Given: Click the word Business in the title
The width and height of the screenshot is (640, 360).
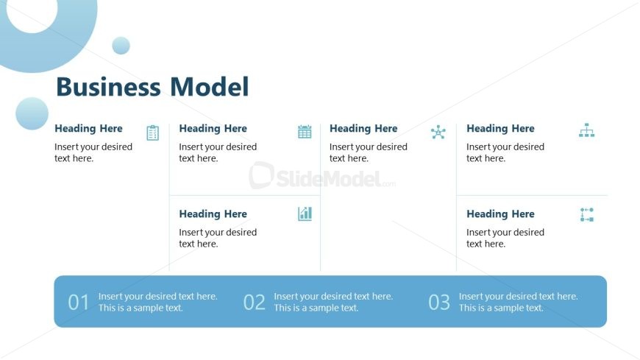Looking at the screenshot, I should click(x=109, y=87).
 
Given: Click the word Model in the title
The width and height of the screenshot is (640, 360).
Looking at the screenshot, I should click(x=210, y=87).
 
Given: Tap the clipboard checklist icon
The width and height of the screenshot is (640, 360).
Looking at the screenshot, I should click(x=152, y=133).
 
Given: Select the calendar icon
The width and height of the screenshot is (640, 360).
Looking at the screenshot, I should click(x=305, y=132).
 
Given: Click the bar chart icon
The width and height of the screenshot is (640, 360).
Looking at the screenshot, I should click(x=305, y=213).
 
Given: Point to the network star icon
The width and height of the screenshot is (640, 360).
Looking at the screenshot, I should click(x=438, y=133).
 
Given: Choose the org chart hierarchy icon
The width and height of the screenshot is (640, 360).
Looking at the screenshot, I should click(x=586, y=130).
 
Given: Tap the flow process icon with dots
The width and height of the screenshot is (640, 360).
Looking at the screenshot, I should click(x=586, y=215).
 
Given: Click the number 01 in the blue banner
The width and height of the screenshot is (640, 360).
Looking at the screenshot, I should click(x=79, y=302).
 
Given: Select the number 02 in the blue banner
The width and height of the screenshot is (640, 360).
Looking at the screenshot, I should click(x=255, y=302).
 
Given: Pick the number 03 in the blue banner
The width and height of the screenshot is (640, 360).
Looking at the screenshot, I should click(x=439, y=302).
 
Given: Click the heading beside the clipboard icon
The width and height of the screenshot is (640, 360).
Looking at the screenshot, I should click(x=88, y=128).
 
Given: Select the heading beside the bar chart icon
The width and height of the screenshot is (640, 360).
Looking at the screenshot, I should click(x=213, y=213).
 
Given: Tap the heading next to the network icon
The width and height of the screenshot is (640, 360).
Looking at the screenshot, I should click(x=363, y=128).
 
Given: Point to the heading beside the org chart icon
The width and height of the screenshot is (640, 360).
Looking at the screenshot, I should click(x=500, y=128).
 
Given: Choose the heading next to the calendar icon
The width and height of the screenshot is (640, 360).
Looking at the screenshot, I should click(x=213, y=128).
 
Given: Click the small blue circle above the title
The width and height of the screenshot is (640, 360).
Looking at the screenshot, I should click(x=121, y=46).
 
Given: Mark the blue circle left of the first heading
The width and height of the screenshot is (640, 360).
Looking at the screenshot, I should click(x=32, y=113).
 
